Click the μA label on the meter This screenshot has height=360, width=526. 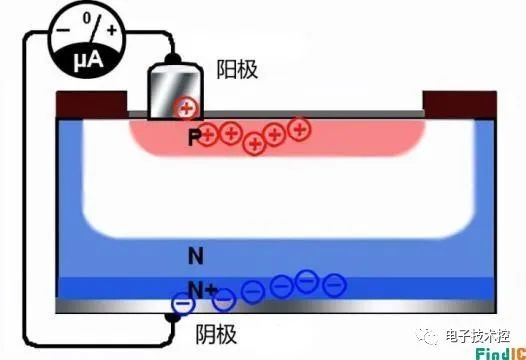[88, 61]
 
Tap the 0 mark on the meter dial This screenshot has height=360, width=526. [87, 17]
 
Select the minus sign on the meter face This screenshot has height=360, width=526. [63, 30]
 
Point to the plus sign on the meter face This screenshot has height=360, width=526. [111, 31]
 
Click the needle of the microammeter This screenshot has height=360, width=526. [96, 29]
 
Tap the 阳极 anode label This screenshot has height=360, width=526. [237, 69]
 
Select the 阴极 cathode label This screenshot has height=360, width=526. [216, 334]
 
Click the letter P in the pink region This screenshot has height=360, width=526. [194, 137]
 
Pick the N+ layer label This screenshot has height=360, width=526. [202, 290]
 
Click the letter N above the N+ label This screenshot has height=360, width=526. [196, 256]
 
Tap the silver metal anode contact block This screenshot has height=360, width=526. [175, 92]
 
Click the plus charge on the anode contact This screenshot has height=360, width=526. [187, 108]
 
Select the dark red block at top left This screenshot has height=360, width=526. [91, 104]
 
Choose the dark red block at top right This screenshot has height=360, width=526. [460, 104]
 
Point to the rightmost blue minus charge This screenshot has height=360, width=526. [334, 285]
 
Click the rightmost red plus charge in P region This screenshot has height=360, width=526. [300, 128]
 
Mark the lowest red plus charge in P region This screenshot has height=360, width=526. [255, 144]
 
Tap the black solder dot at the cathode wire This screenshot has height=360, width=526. [172, 316]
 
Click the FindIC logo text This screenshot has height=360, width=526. [501, 354]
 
